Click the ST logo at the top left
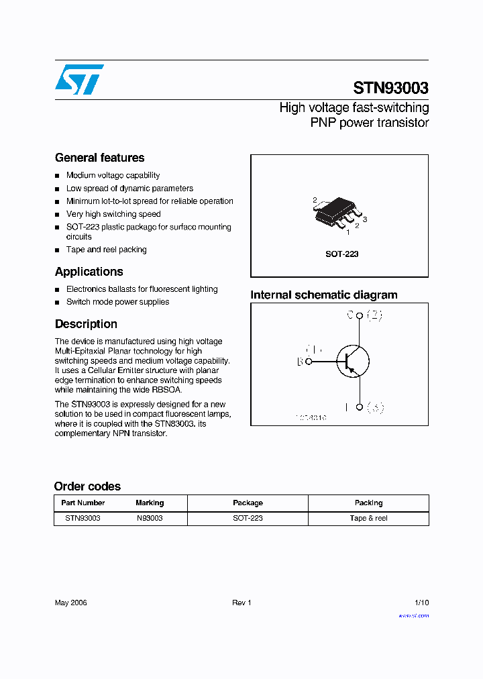[79, 79]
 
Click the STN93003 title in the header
[390, 88]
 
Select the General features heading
[99, 158]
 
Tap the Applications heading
[89, 272]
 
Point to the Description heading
[86, 324]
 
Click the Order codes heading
[87, 486]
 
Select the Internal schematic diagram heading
[323, 295]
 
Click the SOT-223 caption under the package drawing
[342, 254]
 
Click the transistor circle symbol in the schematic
[352, 361]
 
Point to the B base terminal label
[300, 362]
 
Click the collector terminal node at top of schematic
[360, 315]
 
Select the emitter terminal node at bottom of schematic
[360, 407]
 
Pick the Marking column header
[150, 503]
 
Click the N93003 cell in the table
[150, 518]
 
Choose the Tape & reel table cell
[368, 518]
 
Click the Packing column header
[368, 503]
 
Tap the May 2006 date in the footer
[70, 603]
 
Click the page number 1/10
[421, 603]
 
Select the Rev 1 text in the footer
[241, 603]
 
